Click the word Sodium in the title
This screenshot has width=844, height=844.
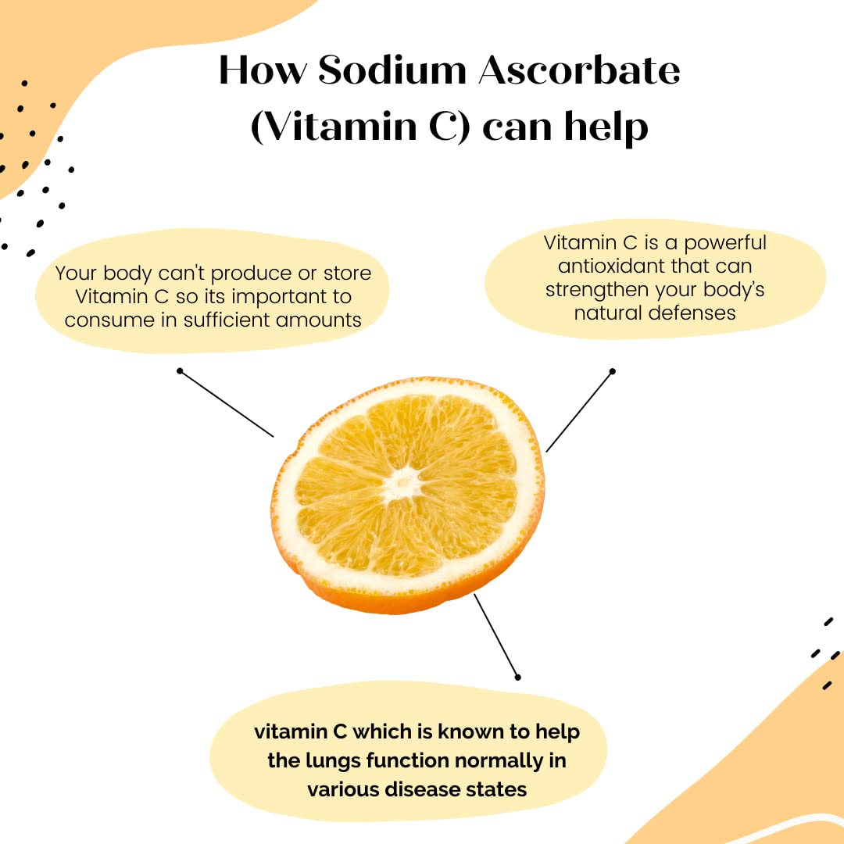click(x=392, y=70)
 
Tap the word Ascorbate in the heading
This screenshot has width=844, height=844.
click(x=579, y=70)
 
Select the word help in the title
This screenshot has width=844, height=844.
click(x=606, y=127)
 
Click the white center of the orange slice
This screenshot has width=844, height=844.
click(x=402, y=483)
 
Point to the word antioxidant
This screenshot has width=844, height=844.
click(x=610, y=266)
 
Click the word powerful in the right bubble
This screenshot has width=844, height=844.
click(x=725, y=243)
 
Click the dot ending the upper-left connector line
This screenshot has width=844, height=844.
click(x=180, y=371)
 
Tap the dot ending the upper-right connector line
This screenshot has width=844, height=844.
click(x=612, y=371)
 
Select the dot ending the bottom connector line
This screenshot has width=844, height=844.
click(x=518, y=677)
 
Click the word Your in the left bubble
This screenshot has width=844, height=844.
click(x=75, y=274)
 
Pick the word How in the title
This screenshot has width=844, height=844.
click(x=263, y=70)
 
